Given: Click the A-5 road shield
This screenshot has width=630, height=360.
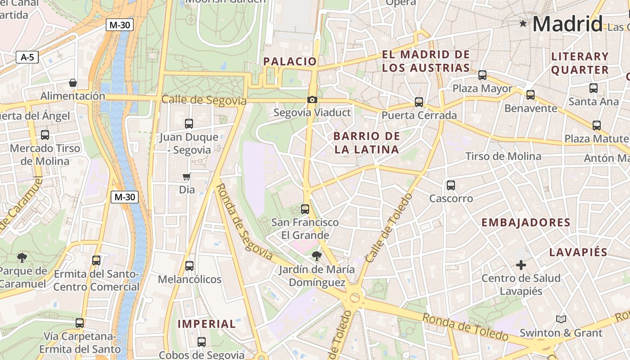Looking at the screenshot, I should pos(27,57).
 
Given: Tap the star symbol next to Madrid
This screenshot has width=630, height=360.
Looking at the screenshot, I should pos(523,23).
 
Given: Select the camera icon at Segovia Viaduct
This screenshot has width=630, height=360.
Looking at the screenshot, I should pos(312,99).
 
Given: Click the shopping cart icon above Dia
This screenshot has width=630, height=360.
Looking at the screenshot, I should pos(187,176).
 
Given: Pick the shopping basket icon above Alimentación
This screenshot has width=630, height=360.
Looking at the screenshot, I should pos(72,83).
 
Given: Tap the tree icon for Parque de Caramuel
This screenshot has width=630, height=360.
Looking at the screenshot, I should pos(22,258).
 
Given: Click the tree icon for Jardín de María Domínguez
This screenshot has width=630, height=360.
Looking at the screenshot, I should pos(317,256).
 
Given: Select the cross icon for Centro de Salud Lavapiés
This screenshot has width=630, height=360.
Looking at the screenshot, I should pos(521,265).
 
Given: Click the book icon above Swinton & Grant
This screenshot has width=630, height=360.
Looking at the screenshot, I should pos(561,319).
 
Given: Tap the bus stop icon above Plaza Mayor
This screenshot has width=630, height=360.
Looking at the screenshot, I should pos(482,75).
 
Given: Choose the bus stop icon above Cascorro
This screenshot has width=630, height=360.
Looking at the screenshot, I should pos(451,185).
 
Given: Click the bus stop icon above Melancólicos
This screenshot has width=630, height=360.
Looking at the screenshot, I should pos(189,266).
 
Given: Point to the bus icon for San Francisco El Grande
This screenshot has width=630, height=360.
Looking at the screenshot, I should pos(305,209).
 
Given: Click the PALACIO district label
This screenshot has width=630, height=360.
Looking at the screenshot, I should pos(290,62).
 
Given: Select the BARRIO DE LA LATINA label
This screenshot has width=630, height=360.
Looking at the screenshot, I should pos(367,143).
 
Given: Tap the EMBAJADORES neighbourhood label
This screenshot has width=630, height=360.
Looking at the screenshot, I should pos(526,222).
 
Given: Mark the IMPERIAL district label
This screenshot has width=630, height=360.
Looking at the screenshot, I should pos(207,324).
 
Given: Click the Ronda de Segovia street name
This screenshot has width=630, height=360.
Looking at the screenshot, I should pos(243,222).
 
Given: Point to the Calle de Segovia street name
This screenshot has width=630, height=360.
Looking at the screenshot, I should pos(204,100).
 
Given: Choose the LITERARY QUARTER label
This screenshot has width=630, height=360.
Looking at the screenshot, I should pos(580,63).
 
